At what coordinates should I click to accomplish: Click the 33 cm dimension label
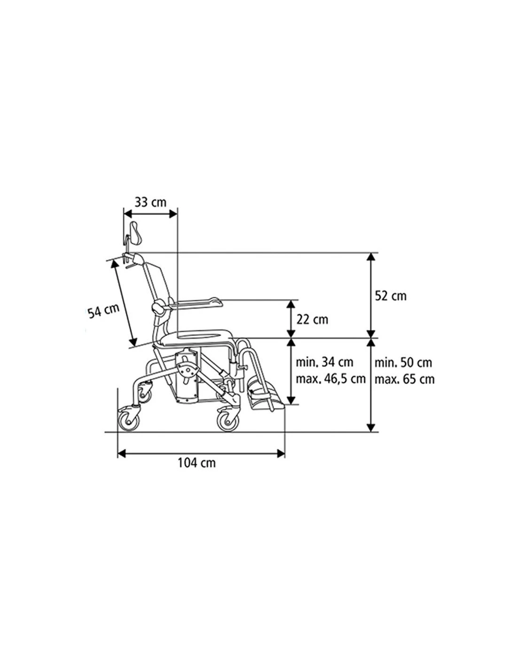150,203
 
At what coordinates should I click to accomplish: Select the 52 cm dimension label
391,296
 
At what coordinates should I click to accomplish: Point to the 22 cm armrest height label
313,319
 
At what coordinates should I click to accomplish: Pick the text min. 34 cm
324,362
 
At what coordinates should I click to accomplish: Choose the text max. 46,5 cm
330,379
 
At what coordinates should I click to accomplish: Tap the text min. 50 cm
403,362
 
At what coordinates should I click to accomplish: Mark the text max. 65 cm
404,379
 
